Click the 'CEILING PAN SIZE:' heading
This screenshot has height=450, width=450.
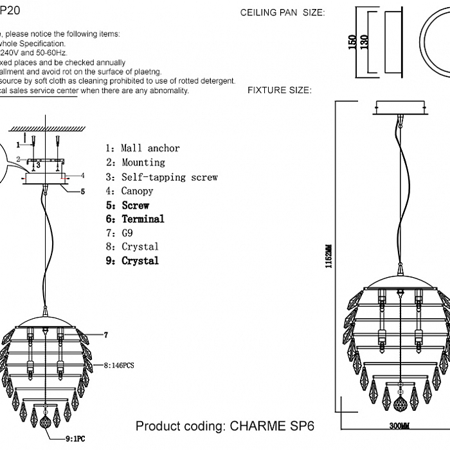tap(282, 13)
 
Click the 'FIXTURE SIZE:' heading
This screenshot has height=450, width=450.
tap(279, 91)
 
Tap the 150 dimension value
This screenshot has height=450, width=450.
tap(352, 42)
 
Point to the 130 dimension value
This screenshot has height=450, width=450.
tap(365, 42)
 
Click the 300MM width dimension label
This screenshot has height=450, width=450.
tap(399, 444)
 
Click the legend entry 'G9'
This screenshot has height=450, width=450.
tap(127, 233)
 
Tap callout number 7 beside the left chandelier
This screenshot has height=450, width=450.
tap(105, 335)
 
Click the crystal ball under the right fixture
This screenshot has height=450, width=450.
tap(399, 424)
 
